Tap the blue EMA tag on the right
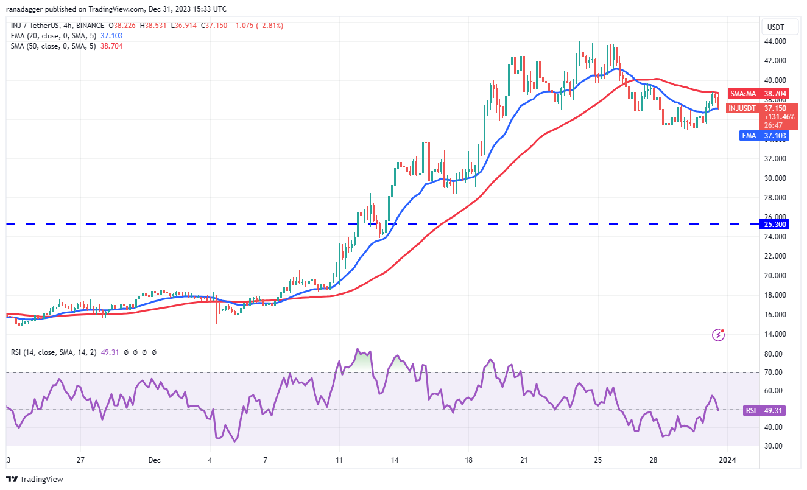[749, 135]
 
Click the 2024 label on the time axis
[727, 461]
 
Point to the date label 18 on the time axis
[469, 461]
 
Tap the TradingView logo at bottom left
[35, 480]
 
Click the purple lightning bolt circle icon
[719, 334]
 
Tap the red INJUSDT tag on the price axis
[742, 108]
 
